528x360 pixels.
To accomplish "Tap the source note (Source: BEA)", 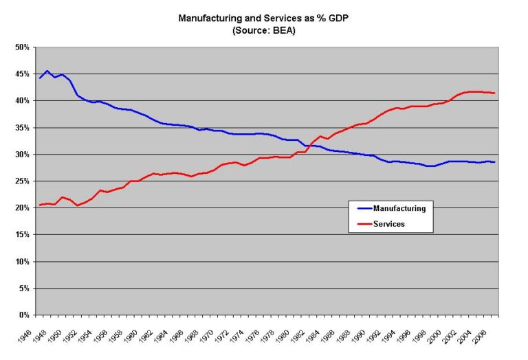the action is pyautogui.click(x=264, y=30).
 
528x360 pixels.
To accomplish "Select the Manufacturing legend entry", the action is pyautogui.click(x=391, y=209).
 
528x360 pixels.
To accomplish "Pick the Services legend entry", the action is pyautogui.click(x=381, y=224).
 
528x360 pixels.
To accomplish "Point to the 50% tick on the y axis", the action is pyautogui.click(x=23, y=47).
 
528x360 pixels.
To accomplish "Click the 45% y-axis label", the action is pyautogui.click(x=23, y=74).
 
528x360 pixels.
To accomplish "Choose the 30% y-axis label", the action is pyautogui.click(x=23, y=155).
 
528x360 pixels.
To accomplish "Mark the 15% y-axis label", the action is pyautogui.click(x=23, y=234).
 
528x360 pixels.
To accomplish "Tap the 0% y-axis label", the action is pyautogui.click(x=25, y=315).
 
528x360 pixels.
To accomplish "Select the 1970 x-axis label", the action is pyautogui.click(x=206, y=336).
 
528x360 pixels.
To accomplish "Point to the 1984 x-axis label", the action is pyautogui.click(x=313, y=336).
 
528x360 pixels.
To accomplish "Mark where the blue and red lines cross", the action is pyautogui.click(x=309, y=146).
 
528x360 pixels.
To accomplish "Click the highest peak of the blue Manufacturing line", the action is pyautogui.click(x=47, y=71).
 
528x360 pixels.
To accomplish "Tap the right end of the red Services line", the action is pyautogui.click(x=494, y=93).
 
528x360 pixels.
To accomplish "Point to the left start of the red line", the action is pyautogui.click(x=40, y=205).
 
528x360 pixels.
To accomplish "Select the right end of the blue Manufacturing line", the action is pyautogui.click(x=494, y=162).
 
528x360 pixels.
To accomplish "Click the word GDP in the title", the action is pyautogui.click(x=338, y=18).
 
